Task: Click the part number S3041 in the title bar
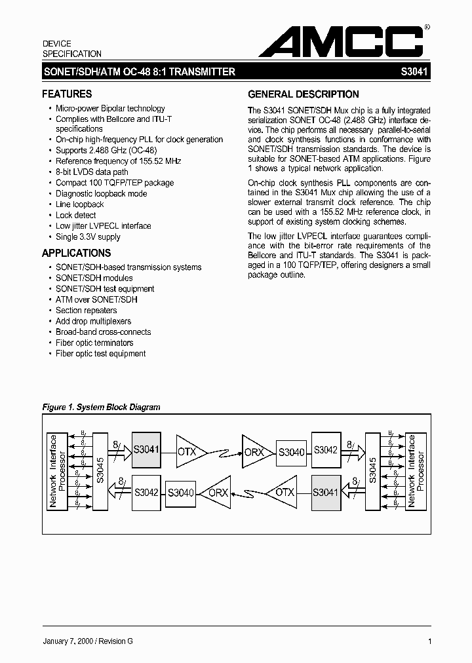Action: pyautogui.click(x=414, y=73)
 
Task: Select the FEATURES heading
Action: pyautogui.click(x=67, y=94)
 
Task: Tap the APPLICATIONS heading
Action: pyautogui.click(x=76, y=254)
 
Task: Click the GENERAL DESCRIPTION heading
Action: pyautogui.click(x=303, y=94)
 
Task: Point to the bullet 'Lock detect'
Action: pyautogui.click(x=75, y=215)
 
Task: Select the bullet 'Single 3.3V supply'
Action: pyautogui.click(x=88, y=237)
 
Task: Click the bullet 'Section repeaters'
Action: pyautogui.click(x=86, y=311)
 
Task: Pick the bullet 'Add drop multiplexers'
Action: pyautogui.click(x=93, y=321)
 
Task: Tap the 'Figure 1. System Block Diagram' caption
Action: pyautogui.click(x=101, y=407)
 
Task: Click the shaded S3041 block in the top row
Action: pyautogui.click(x=146, y=449)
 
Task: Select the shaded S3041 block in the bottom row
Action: pyautogui.click(x=325, y=493)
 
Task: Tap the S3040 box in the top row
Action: pyautogui.click(x=291, y=451)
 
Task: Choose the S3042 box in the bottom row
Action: pyautogui.click(x=146, y=493)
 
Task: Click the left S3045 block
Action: pyautogui.click(x=100, y=471)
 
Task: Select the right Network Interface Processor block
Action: pyautogui.click(x=416, y=471)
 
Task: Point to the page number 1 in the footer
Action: pyautogui.click(x=429, y=641)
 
